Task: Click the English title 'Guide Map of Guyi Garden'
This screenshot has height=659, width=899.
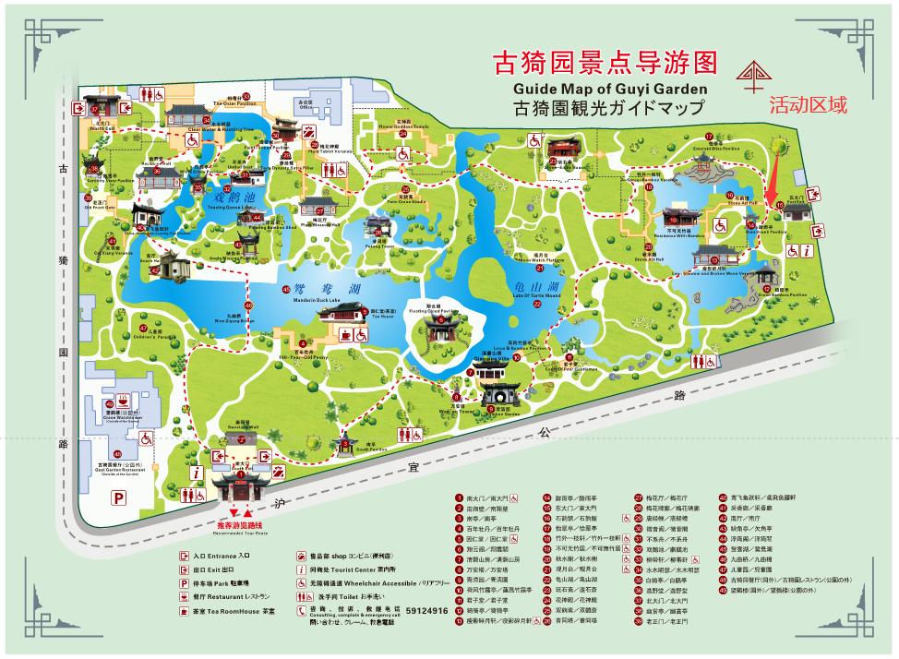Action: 610,89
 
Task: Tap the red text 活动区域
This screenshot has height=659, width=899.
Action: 808,106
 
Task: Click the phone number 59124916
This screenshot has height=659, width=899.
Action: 426,611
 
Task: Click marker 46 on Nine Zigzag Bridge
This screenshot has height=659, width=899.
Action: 247,306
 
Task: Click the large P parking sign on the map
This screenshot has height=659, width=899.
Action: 118,497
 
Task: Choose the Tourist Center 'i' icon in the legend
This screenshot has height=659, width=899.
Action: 302,570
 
